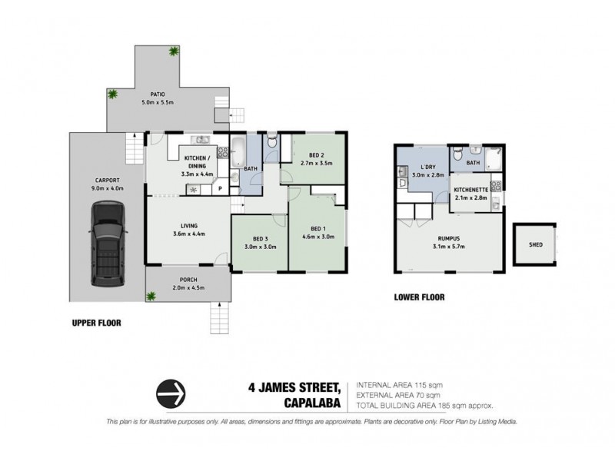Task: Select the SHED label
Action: [x=536, y=245]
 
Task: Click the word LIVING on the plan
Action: [x=184, y=225]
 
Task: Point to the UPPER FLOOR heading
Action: [x=91, y=323]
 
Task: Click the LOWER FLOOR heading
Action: [x=419, y=297]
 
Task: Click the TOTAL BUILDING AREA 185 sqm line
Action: [x=424, y=404]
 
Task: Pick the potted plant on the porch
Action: [x=153, y=294]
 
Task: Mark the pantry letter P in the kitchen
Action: [x=221, y=187]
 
